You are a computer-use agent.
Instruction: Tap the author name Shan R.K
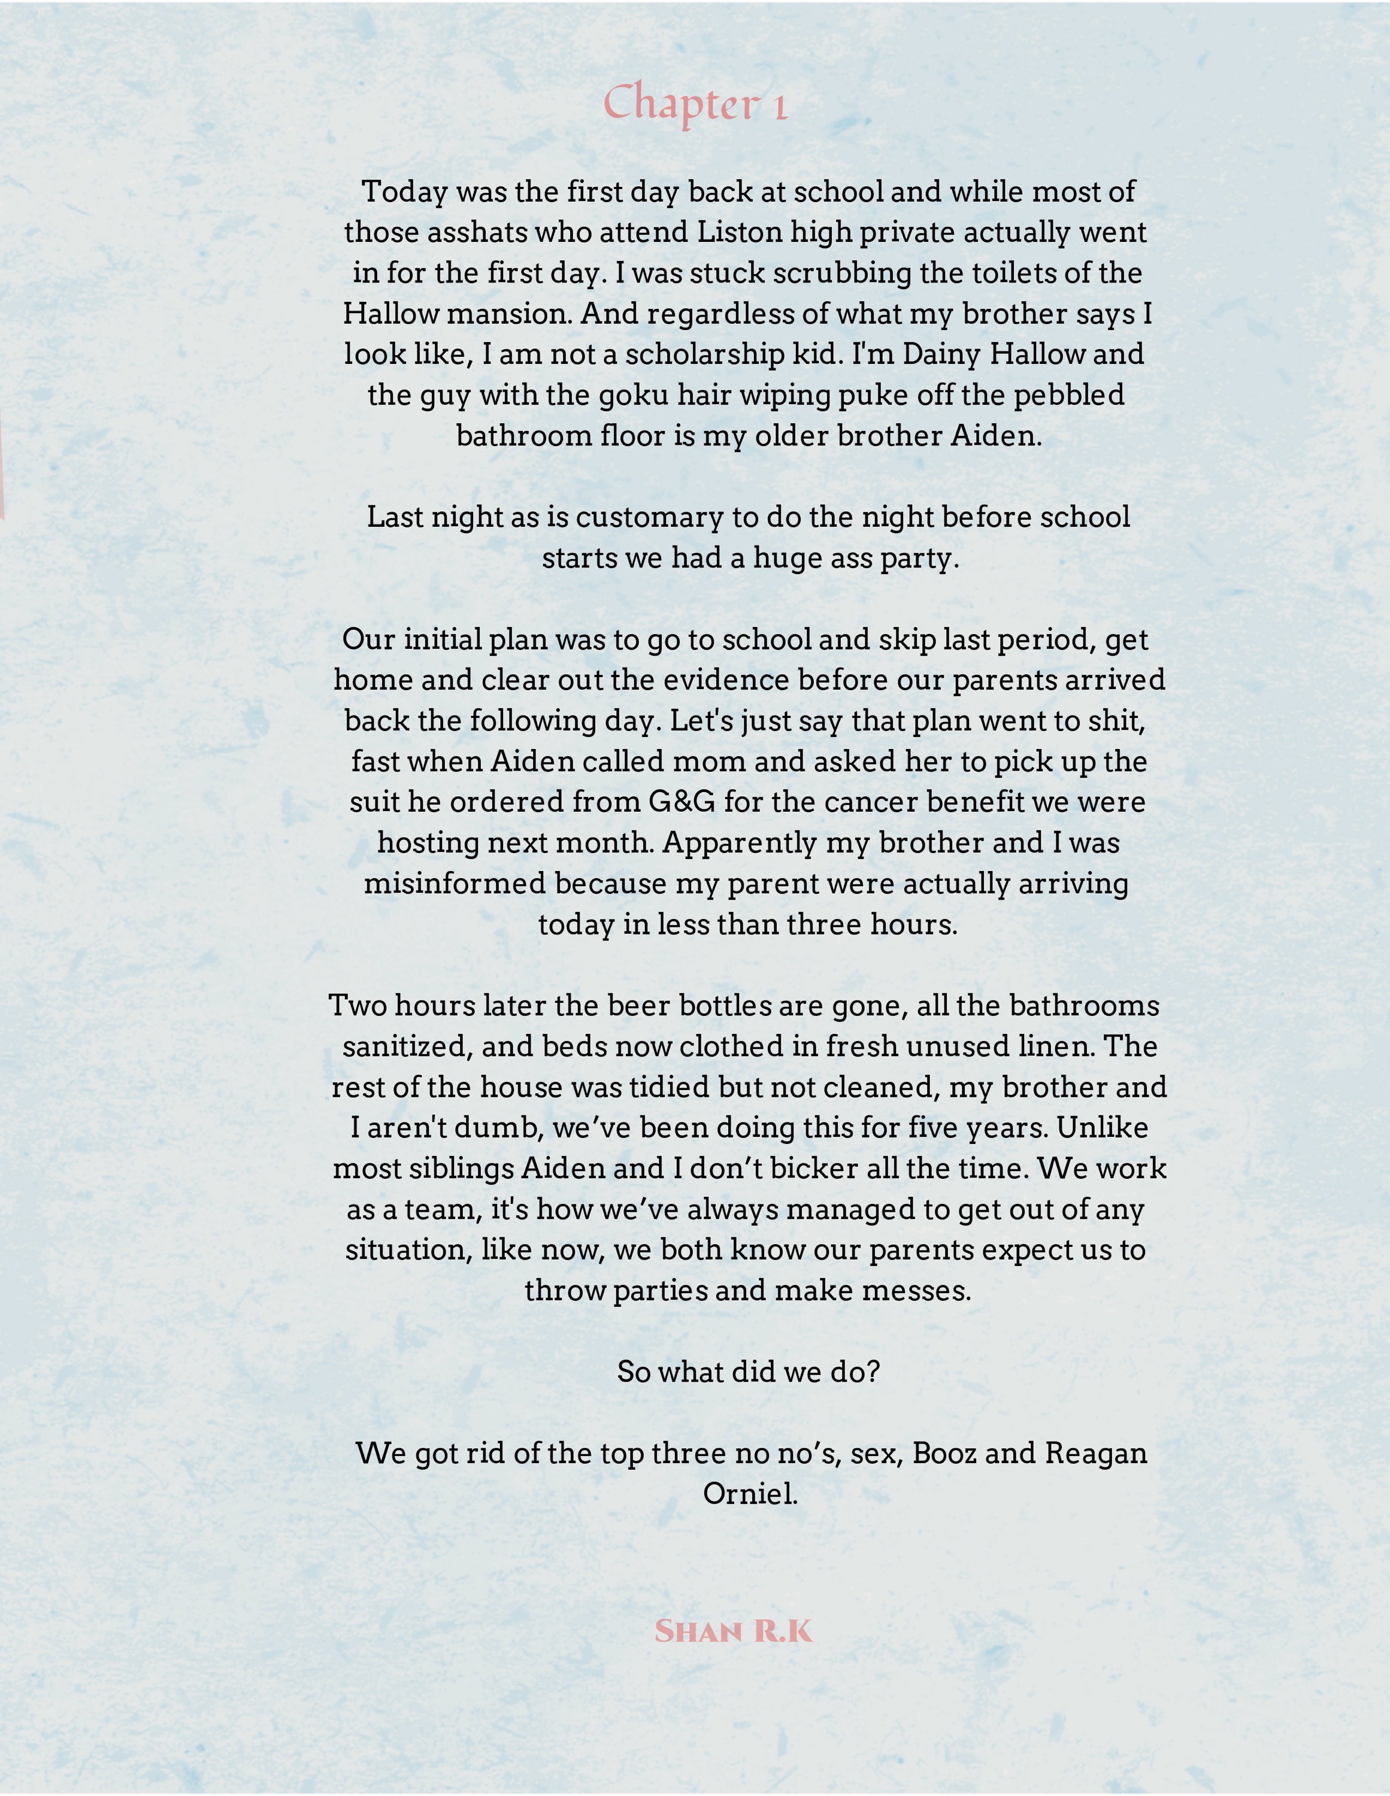click(x=733, y=1631)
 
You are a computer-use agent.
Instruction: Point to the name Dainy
click(x=942, y=354)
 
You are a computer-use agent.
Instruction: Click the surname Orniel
click(x=749, y=1494)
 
